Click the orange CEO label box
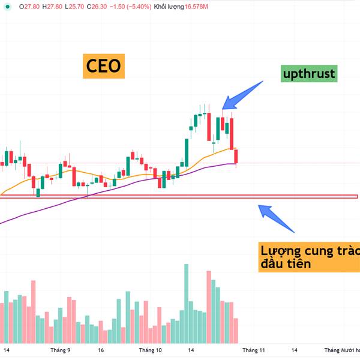103,65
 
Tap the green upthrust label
309,74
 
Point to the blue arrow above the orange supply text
277,219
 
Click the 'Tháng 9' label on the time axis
61,349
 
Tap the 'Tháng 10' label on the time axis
150,349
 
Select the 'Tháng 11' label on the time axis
253,349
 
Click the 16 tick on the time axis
101,349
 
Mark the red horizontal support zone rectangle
180,196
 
